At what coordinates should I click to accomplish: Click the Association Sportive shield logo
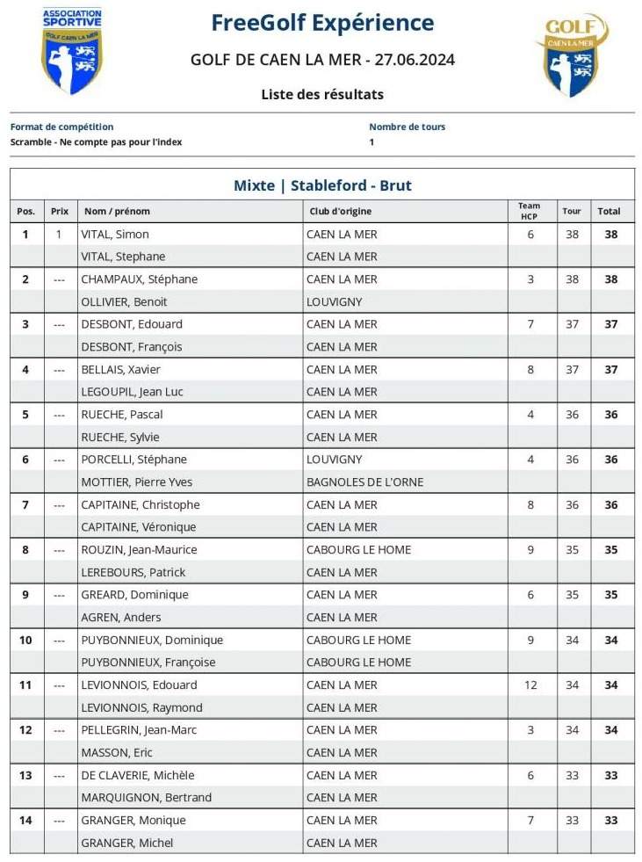72,50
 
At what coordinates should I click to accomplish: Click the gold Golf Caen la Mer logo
572,54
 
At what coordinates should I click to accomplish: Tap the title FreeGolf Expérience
322,23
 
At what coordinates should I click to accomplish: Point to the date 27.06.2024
415,60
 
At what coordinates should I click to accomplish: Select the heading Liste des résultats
322,94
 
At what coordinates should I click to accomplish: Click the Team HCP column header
529,211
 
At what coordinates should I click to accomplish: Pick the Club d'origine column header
340,211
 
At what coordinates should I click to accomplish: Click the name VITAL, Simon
115,235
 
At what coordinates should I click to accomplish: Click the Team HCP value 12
530,685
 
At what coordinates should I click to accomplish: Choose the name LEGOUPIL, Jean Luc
133,392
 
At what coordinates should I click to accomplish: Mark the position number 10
25,640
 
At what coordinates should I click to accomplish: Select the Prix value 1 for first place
59,235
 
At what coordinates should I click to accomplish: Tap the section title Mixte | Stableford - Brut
322,185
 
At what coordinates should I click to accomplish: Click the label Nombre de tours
407,127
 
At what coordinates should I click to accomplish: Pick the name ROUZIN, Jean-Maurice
139,549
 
